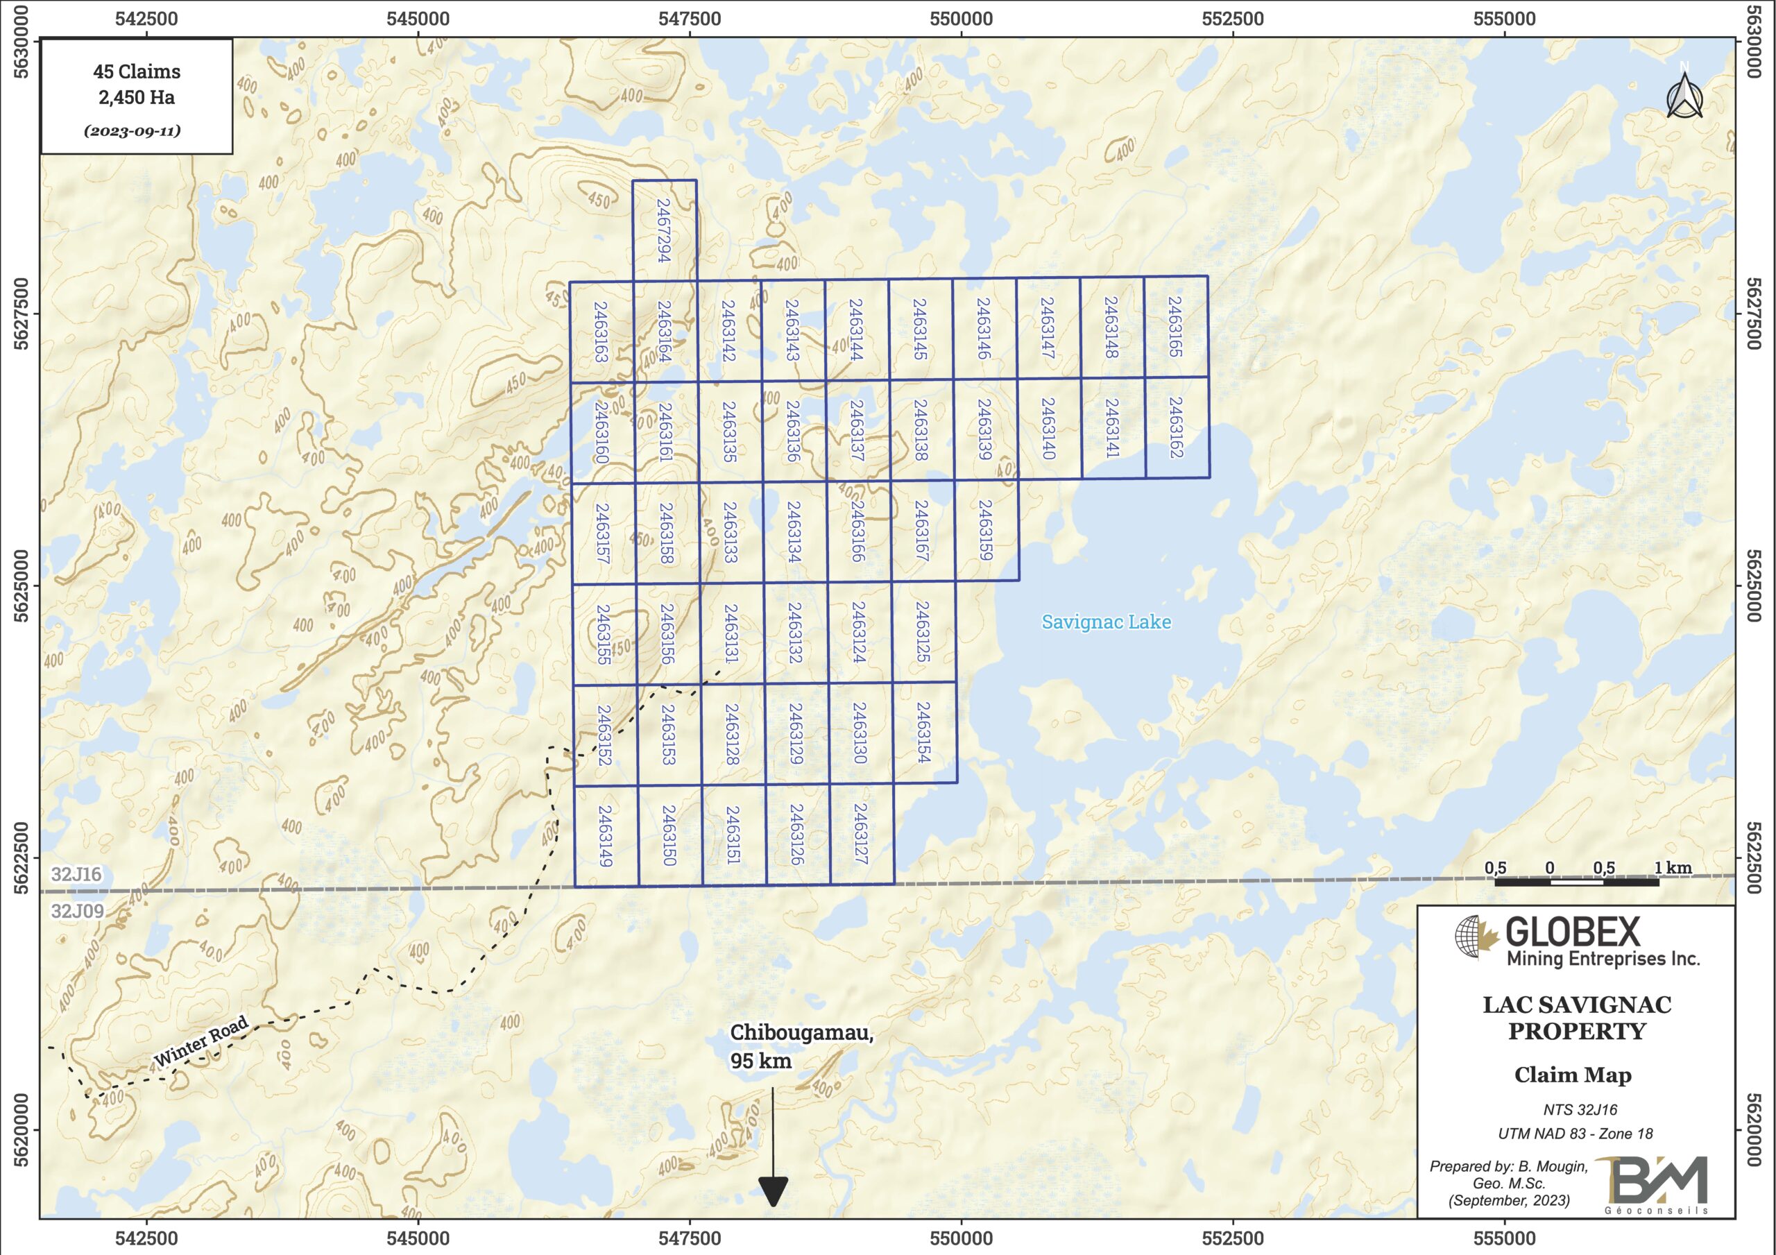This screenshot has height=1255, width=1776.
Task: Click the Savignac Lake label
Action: coord(1105,622)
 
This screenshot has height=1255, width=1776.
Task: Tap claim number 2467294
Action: coord(664,230)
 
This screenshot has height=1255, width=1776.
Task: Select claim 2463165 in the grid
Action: coord(1175,327)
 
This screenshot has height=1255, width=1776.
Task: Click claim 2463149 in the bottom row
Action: coord(606,837)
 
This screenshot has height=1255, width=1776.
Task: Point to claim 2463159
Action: coord(984,530)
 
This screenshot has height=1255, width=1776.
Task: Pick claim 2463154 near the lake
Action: coord(923,732)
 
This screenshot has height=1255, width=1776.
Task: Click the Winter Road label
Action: coord(201,1041)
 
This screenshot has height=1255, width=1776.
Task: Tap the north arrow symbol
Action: coord(1684,96)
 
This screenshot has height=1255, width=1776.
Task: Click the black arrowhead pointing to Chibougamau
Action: coord(773,1190)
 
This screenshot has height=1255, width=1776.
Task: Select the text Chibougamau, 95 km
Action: coord(801,1046)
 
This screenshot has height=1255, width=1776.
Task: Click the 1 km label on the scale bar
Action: coord(1673,867)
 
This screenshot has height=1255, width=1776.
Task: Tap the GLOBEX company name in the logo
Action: coord(1572,932)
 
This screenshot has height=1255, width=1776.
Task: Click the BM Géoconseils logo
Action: coord(1660,1185)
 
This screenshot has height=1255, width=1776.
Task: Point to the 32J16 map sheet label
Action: coord(76,874)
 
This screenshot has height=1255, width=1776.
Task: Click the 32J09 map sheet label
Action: coord(77,911)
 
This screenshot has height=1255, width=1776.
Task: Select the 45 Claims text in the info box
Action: coord(137,72)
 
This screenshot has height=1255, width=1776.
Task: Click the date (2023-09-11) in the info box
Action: coord(133,130)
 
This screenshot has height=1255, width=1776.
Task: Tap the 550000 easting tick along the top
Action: coord(961,19)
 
